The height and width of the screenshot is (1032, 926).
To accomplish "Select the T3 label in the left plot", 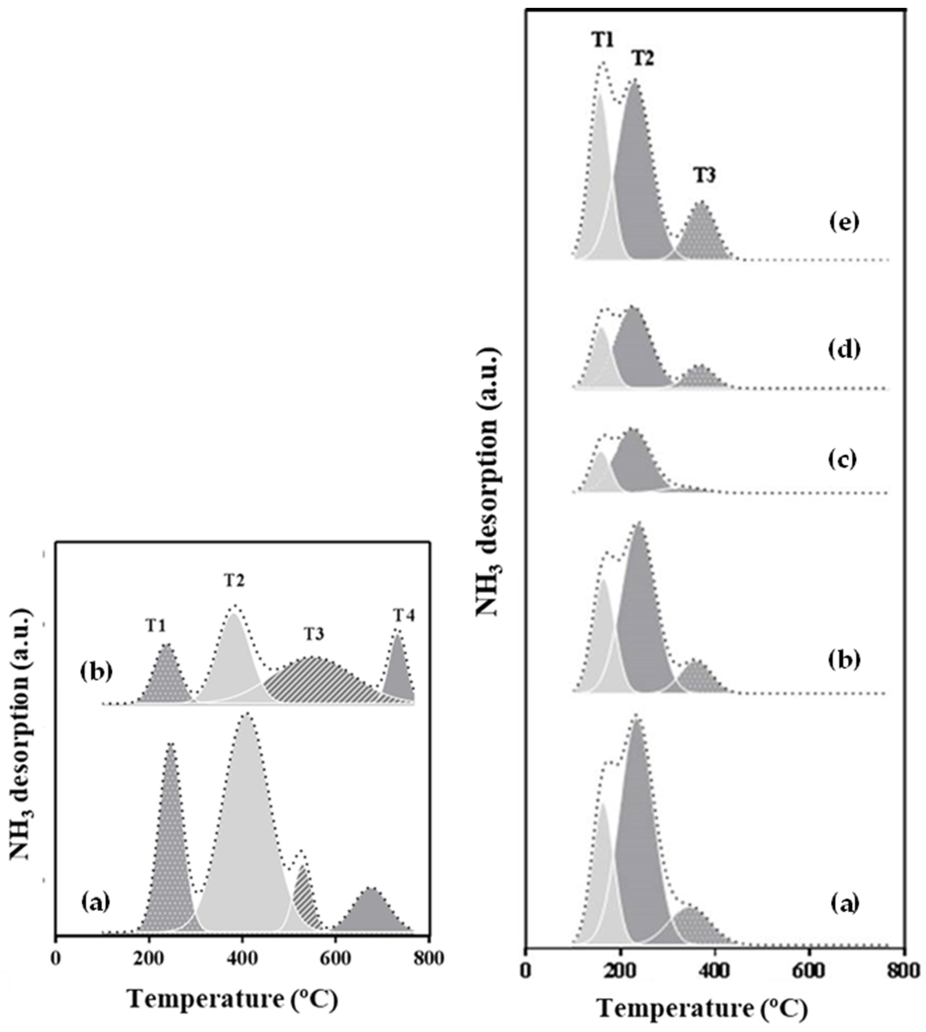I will pyautogui.click(x=314, y=635).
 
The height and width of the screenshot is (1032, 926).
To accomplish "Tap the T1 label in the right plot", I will pyautogui.click(x=603, y=40).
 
